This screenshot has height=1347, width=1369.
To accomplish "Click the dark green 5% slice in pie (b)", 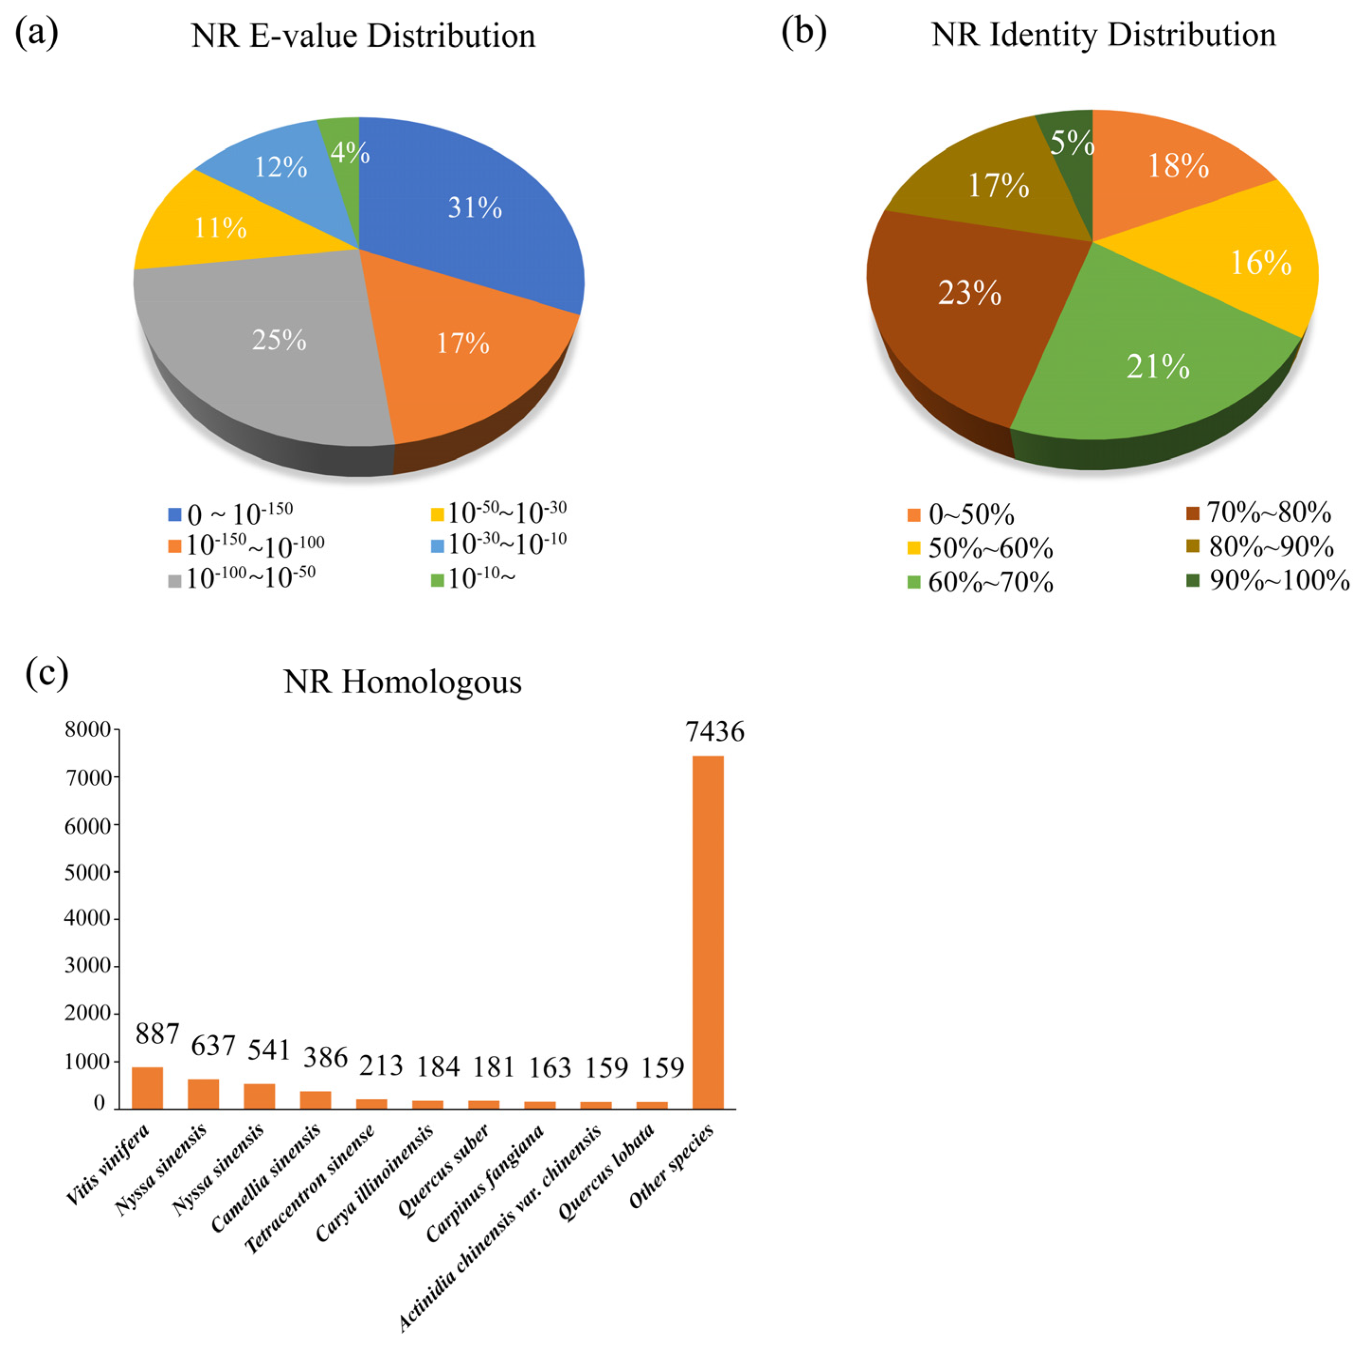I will (x=1068, y=142).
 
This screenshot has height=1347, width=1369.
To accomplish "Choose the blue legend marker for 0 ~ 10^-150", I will (x=174, y=514).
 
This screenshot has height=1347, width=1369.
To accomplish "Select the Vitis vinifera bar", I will (x=147, y=1087).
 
